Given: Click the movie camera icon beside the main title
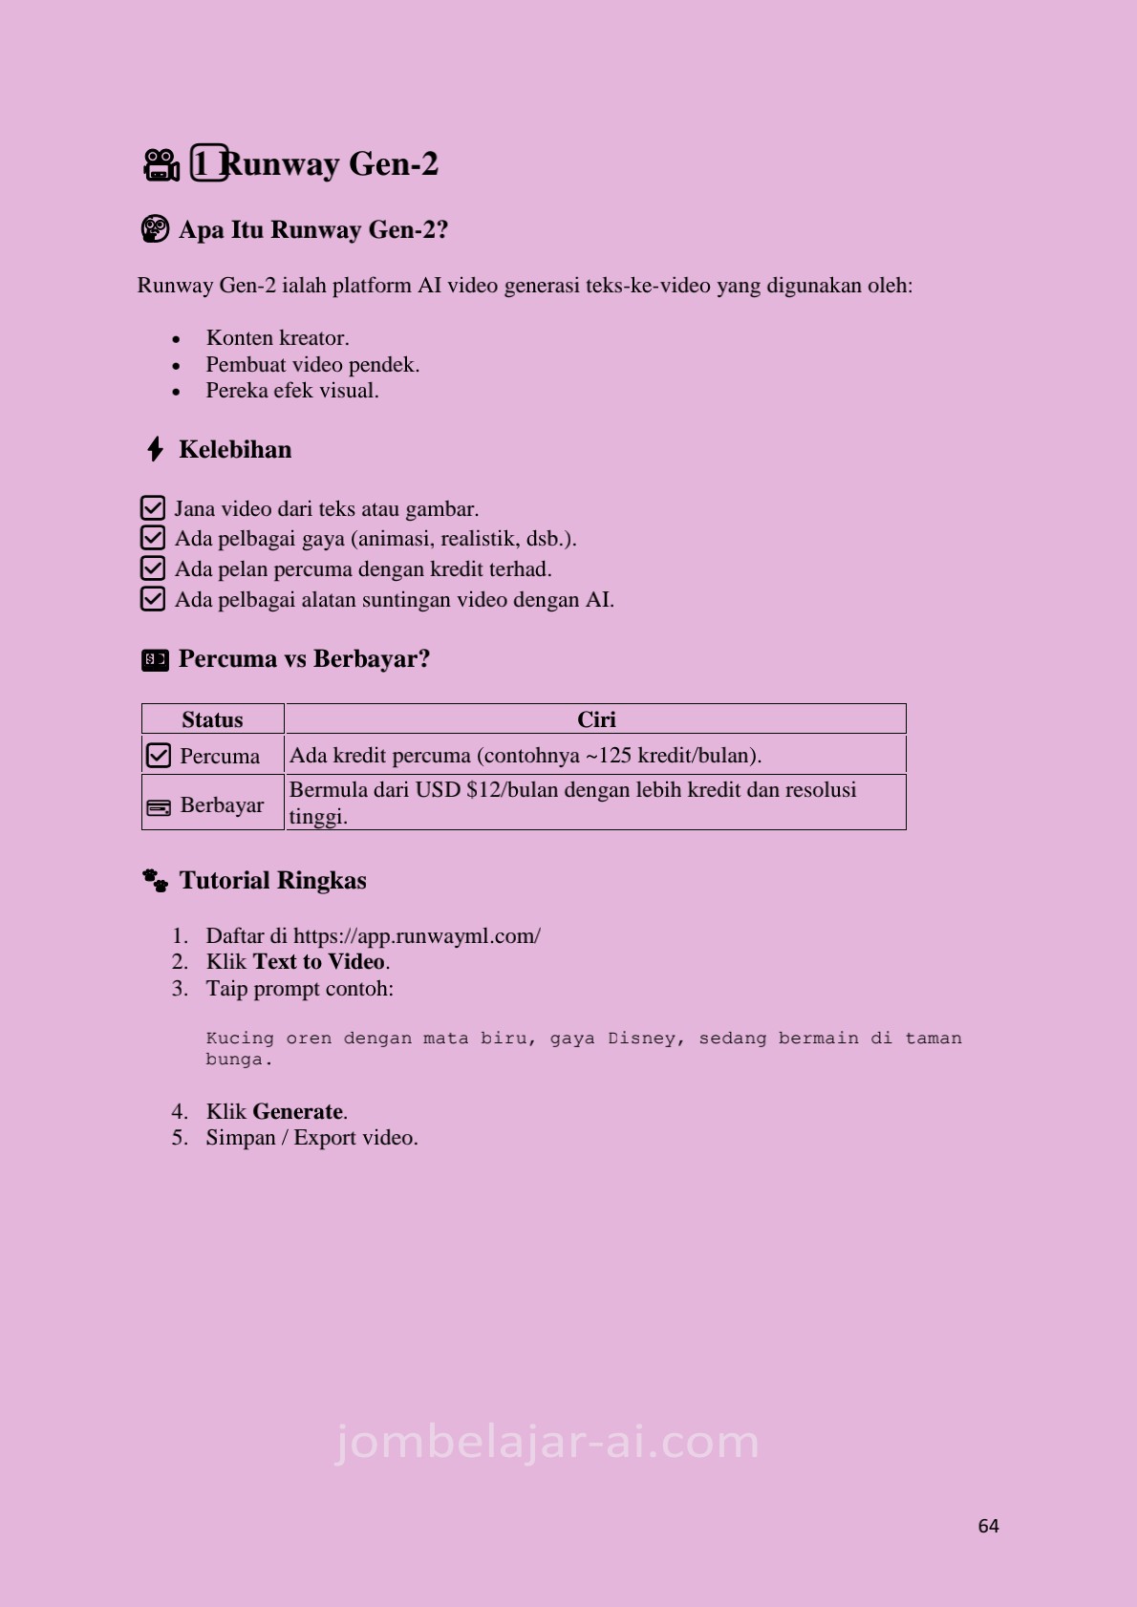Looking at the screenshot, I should tap(161, 164).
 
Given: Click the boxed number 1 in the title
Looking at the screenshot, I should tap(208, 163).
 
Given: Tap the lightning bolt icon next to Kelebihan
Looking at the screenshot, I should tap(155, 449).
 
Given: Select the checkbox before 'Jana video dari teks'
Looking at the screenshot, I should tap(153, 508).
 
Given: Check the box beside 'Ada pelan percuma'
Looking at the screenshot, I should tap(153, 568).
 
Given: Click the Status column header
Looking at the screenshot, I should tap(212, 719).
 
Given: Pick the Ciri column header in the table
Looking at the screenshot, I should tap(596, 719).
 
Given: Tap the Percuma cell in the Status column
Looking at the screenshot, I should tap(219, 756).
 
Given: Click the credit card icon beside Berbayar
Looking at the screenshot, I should tap(158, 808).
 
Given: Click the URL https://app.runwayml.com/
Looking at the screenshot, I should tap(417, 936).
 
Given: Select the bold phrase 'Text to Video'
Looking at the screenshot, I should tap(319, 962).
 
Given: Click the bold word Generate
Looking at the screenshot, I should tap(297, 1112).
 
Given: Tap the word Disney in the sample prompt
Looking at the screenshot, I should tap(646, 1039).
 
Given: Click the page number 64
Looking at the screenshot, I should tap(988, 1526).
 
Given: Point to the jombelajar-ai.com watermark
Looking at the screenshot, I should tap(547, 1442).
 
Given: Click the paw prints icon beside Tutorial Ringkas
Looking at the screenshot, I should tap(155, 880).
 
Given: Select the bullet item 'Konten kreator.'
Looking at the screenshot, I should tap(277, 338).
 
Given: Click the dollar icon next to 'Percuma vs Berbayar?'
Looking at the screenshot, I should tap(155, 659).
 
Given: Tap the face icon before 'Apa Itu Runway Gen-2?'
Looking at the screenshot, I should tap(155, 229).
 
